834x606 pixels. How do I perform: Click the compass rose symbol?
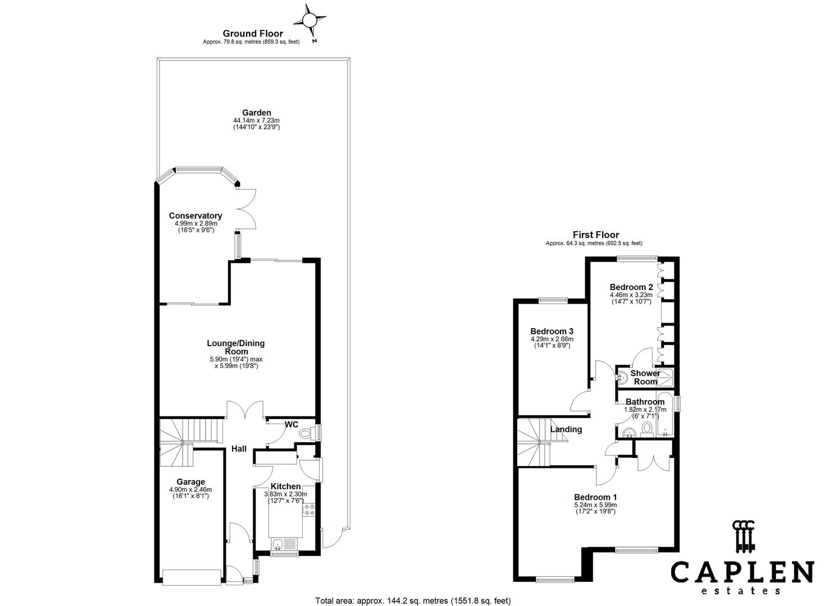[x=309, y=20]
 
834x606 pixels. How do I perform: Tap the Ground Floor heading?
[x=253, y=34]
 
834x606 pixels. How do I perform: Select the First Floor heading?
[x=596, y=235]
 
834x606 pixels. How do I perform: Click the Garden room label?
[x=257, y=112]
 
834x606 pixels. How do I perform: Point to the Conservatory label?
[x=195, y=216]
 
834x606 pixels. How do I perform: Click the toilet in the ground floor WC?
[x=307, y=433]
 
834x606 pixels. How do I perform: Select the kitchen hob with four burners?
[x=309, y=510]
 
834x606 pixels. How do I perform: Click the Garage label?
[x=190, y=482]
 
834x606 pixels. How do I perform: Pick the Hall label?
[x=239, y=449]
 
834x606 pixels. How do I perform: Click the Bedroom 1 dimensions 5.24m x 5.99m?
[x=595, y=505]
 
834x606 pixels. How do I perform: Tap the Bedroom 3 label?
[x=552, y=331]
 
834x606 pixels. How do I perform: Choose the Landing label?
[x=566, y=429]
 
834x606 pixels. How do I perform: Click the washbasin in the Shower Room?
[x=622, y=378]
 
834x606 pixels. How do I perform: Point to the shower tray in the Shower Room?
[x=666, y=377]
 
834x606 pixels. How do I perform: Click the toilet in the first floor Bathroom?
[x=647, y=429]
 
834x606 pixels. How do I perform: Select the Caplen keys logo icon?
[x=744, y=537]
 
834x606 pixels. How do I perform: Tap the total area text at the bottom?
[x=413, y=600]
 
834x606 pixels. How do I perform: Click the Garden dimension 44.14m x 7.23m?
[x=256, y=121]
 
